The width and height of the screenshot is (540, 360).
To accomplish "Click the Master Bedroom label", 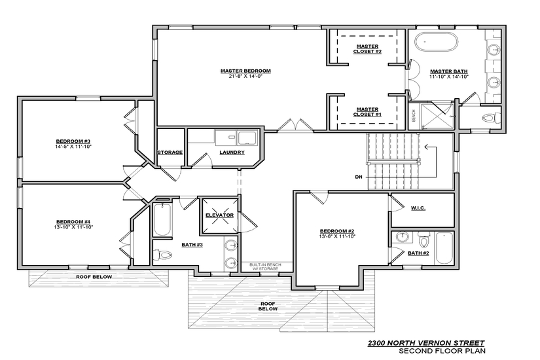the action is click(x=245, y=71).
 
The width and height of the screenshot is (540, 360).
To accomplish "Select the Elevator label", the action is click(x=219, y=215).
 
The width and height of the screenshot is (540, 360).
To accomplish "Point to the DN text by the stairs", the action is click(x=359, y=177).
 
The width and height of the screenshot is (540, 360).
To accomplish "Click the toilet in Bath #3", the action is click(x=162, y=255).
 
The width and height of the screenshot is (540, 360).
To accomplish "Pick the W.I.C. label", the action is click(x=418, y=208).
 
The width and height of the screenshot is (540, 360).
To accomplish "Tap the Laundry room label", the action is click(x=232, y=153).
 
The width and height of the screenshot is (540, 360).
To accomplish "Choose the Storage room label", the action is click(x=170, y=153).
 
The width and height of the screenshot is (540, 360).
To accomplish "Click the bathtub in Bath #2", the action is click(x=444, y=248).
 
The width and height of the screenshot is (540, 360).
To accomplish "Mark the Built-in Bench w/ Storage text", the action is click(x=265, y=266).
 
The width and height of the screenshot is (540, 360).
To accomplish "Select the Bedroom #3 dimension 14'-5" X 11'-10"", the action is click(x=73, y=147).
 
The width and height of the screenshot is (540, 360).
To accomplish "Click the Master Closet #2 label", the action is click(x=367, y=49).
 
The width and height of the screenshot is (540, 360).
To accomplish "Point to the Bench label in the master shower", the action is click(x=414, y=115).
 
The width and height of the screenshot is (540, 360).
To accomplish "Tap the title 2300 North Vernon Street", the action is click(x=426, y=343).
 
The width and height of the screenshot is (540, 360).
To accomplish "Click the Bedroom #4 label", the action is click(x=73, y=222).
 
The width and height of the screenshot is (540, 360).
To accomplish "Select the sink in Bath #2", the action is click(x=402, y=238).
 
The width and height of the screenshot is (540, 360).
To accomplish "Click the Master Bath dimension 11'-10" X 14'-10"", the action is click(x=449, y=77).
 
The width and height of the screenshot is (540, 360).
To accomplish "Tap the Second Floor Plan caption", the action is click(x=442, y=351).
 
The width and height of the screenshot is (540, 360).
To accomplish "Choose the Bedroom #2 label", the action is click(x=337, y=231).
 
